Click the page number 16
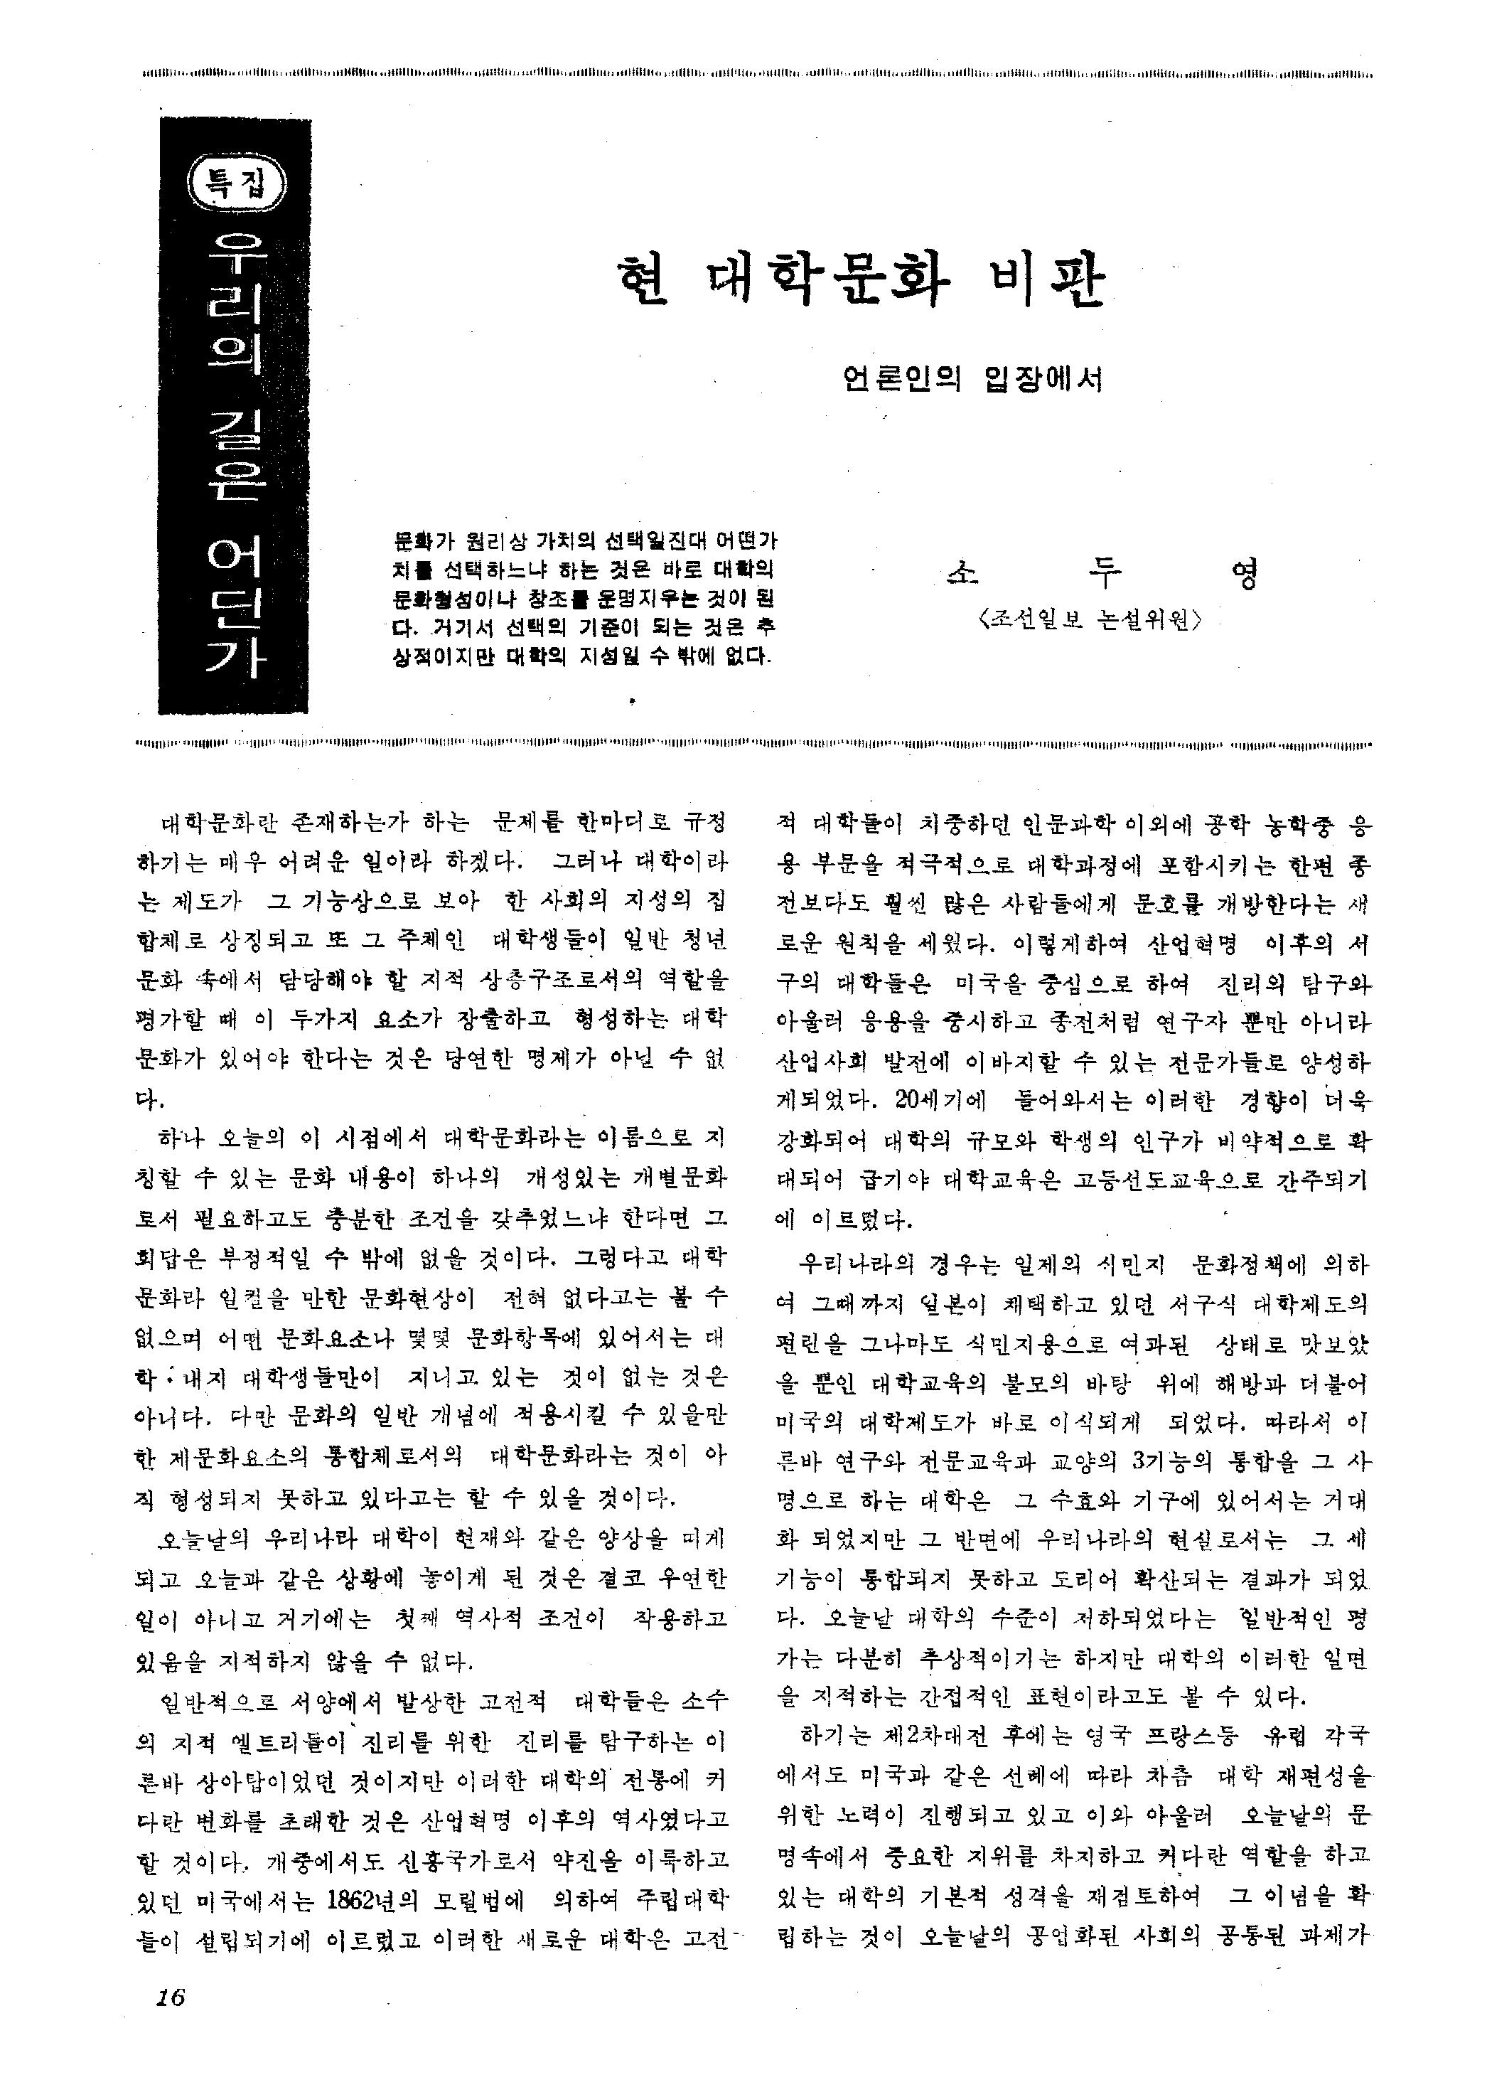tap(171, 1994)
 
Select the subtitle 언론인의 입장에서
tap(972, 378)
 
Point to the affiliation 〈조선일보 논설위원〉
tap(1090, 620)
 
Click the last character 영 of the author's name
tap(1245, 575)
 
